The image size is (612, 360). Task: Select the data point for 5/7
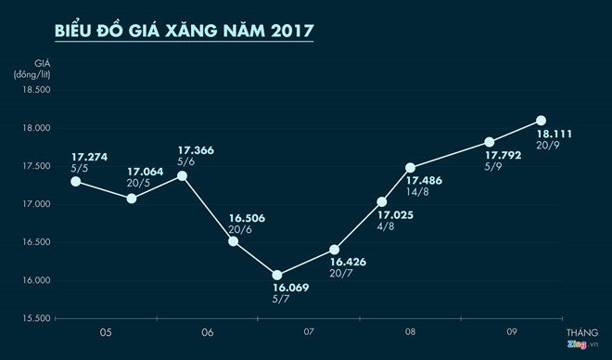click(x=276, y=275)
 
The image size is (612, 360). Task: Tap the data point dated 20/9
click(x=542, y=121)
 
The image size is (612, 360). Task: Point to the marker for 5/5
click(x=76, y=181)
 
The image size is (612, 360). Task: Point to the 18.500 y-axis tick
click(x=33, y=90)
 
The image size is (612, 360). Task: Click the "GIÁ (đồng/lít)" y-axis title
click(x=32, y=69)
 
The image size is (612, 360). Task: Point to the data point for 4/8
click(x=381, y=201)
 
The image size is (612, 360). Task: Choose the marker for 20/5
click(x=132, y=199)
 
